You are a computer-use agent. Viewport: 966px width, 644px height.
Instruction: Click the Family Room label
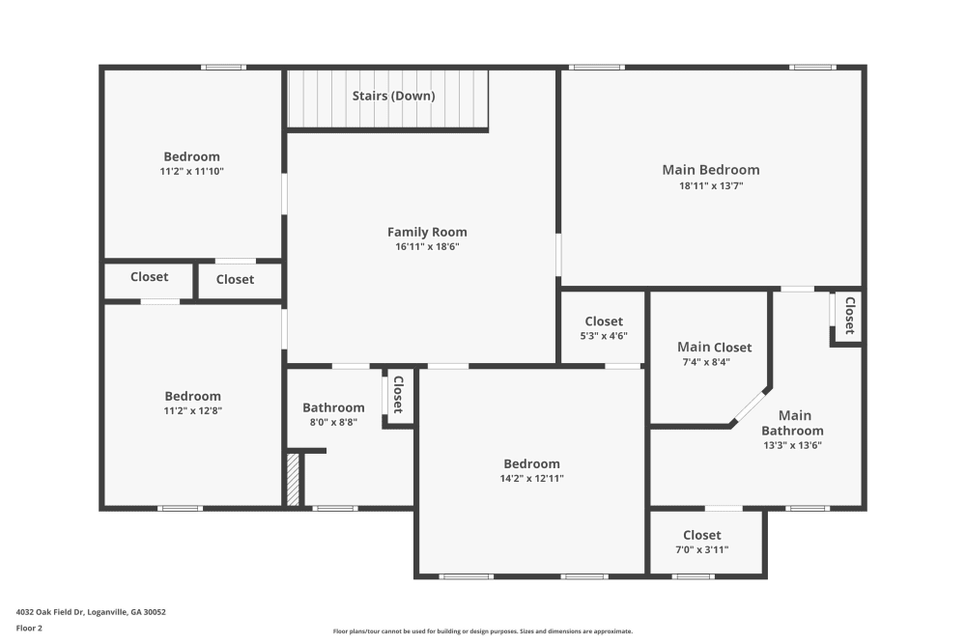pyautogui.click(x=427, y=232)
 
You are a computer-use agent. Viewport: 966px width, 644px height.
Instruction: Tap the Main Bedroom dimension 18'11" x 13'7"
pyautogui.click(x=711, y=185)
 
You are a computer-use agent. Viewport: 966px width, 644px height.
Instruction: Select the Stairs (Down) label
pyautogui.click(x=393, y=96)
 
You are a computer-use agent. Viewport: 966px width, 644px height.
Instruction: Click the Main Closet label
pyautogui.click(x=714, y=348)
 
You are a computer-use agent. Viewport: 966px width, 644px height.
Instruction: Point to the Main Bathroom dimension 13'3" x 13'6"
pyautogui.click(x=792, y=446)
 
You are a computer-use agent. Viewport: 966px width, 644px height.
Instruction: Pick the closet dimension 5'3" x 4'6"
pyautogui.click(x=604, y=336)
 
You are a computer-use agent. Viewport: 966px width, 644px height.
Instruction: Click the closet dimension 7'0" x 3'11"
pyautogui.click(x=701, y=549)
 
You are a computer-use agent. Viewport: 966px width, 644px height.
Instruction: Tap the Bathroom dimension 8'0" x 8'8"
pyautogui.click(x=333, y=422)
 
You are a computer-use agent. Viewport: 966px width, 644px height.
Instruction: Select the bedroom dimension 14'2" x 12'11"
pyautogui.click(x=531, y=478)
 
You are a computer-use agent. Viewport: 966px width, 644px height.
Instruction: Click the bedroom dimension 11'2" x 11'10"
pyautogui.click(x=192, y=171)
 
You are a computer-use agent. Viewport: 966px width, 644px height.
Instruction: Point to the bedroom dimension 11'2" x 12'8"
pyautogui.click(x=192, y=410)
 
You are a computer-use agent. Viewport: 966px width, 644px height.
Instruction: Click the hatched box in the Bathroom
pyautogui.click(x=294, y=479)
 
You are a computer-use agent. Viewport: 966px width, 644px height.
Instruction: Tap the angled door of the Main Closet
pyautogui.click(x=750, y=406)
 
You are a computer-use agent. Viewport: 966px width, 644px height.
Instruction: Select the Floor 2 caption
pyautogui.click(x=29, y=628)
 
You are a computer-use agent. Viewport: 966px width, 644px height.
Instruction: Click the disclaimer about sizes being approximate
pyautogui.click(x=483, y=630)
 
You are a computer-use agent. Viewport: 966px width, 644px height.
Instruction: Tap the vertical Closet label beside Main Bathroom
pyautogui.click(x=849, y=315)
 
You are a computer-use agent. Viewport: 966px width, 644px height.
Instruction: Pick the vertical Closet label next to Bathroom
pyautogui.click(x=397, y=394)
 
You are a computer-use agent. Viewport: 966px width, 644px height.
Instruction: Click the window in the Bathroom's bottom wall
pyautogui.click(x=335, y=508)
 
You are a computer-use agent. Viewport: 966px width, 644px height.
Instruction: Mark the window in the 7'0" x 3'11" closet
pyautogui.click(x=693, y=576)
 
